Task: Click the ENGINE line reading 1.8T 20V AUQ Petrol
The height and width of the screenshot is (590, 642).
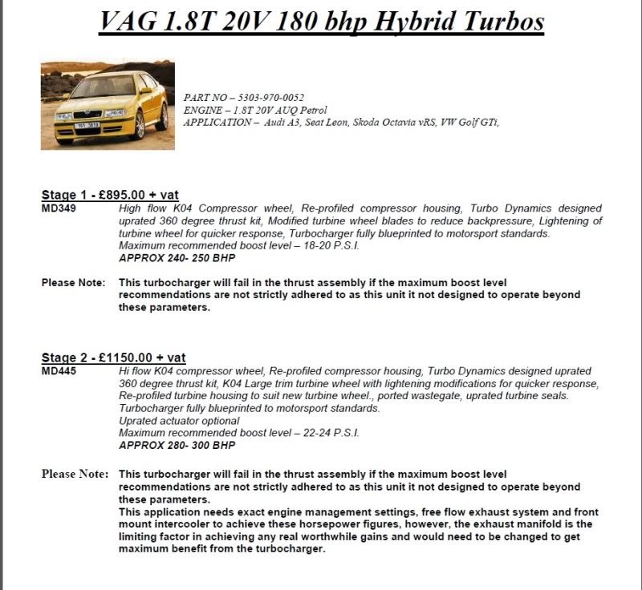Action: pyautogui.click(x=255, y=110)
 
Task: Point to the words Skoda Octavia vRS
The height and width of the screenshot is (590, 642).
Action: pyautogui.click(x=380, y=122)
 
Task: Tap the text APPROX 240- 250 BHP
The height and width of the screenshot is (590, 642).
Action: pyautogui.click(x=177, y=258)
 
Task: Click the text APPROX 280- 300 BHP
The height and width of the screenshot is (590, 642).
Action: pyautogui.click(x=177, y=444)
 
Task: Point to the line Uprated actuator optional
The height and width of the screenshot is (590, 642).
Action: pyautogui.click(x=178, y=420)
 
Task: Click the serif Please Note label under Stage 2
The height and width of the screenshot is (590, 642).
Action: pyautogui.click(x=75, y=474)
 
